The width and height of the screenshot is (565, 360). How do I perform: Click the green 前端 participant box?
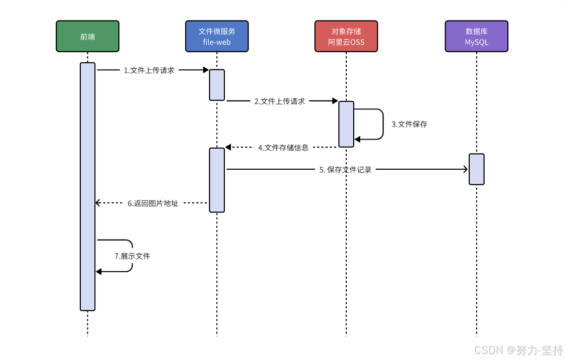(87, 36)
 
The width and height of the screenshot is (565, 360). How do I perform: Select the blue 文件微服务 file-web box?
(217, 36)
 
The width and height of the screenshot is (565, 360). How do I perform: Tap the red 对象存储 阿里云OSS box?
(346, 36)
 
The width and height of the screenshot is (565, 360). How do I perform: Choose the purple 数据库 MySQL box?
(476, 36)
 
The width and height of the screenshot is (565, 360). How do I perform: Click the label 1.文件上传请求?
(149, 70)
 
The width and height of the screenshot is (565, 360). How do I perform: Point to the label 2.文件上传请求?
(279, 101)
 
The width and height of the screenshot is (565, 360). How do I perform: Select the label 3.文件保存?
(409, 124)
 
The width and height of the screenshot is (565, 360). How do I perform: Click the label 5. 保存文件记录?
(345, 170)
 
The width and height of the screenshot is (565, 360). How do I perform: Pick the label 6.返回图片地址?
(153, 203)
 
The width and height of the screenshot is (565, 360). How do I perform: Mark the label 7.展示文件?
(132, 256)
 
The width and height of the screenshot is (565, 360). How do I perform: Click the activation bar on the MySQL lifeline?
(476, 169)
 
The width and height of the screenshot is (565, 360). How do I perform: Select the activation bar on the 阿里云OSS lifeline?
(346, 124)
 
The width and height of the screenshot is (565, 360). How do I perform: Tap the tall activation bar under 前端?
(87, 186)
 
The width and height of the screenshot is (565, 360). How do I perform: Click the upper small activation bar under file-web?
(217, 85)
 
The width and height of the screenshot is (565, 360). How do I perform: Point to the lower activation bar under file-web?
(217, 180)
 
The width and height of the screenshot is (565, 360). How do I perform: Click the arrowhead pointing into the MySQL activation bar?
(465, 170)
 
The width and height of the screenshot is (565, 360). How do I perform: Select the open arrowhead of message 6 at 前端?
(98, 203)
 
